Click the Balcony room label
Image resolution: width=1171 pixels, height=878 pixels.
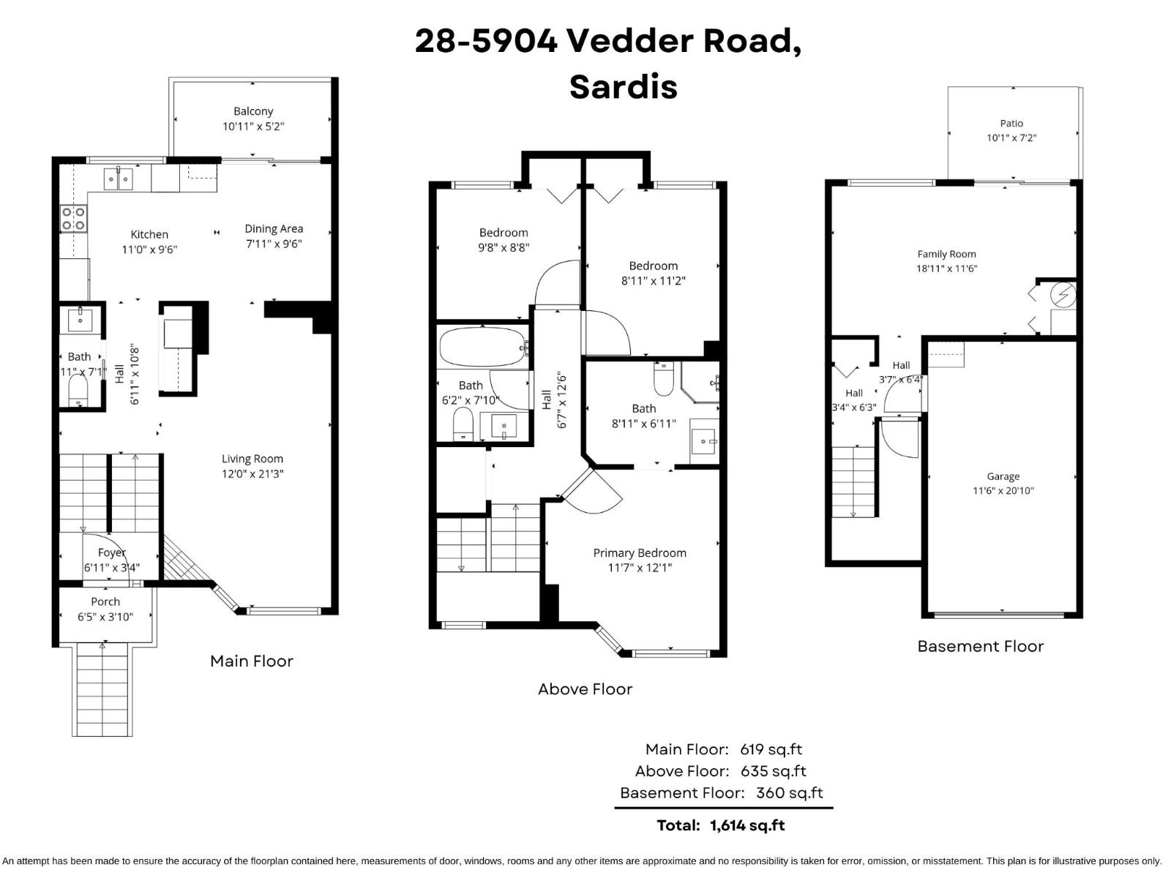click(253, 111)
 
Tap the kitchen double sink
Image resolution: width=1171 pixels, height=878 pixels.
click(118, 178)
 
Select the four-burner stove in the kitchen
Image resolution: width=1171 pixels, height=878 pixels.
click(73, 218)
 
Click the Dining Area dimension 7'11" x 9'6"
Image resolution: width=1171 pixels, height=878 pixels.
click(274, 244)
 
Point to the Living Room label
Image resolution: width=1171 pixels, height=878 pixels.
click(252, 459)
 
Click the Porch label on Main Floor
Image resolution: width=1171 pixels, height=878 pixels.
click(105, 601)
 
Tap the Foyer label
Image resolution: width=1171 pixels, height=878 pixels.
click(112, 552)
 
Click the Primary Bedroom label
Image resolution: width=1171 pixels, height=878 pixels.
click(640, 552)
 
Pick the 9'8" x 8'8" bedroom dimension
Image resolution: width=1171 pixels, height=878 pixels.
click(504, 247)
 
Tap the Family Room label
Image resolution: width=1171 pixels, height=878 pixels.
click(946, 254)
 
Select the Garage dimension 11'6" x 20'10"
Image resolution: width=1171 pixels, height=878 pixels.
click(1003, 491)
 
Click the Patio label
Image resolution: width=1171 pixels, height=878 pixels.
click(1011, 123)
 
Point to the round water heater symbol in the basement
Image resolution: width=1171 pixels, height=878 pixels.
click(1062, 295)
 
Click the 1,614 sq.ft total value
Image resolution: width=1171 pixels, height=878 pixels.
click(747, 825)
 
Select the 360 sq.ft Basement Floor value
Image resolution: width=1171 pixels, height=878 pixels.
click(789, 792)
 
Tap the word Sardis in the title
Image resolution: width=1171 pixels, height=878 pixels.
click(623, 86)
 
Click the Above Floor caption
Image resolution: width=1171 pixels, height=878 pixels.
click(585, 688)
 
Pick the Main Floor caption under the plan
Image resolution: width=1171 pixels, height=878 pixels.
click(251, 661)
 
